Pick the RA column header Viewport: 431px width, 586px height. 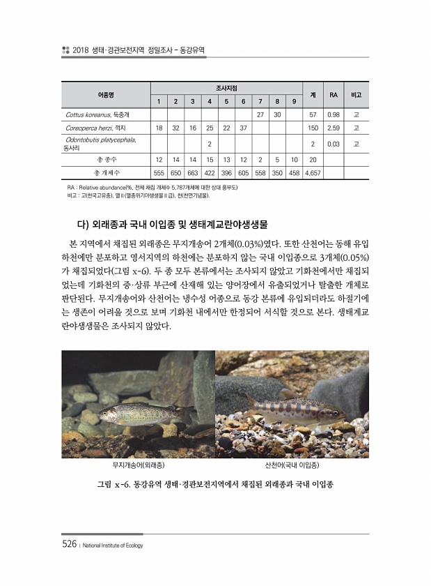[333, 94]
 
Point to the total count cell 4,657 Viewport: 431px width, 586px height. [313, 172]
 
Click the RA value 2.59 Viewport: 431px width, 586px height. [333, 128]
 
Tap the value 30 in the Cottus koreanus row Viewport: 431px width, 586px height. [277, 114]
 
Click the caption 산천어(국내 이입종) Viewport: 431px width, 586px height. [292, 464]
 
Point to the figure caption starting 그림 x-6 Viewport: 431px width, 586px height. [215, 483]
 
